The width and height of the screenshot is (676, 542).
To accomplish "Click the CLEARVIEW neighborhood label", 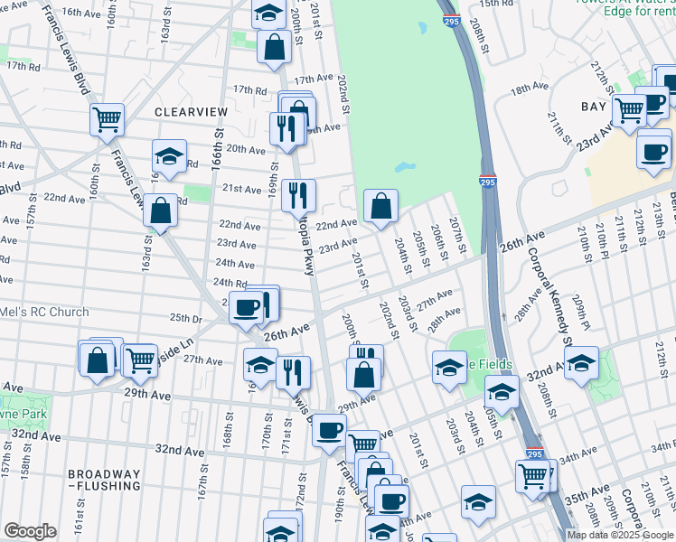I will click(x=190, y=111).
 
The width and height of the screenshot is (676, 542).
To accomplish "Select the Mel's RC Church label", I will click(x=44, y=313).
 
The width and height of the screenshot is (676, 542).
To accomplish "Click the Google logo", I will click(x=30, y=531).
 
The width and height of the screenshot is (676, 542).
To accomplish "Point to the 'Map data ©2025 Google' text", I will click(x=619, y=535).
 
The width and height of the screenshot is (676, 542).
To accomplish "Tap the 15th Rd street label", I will click(x=496, y=4).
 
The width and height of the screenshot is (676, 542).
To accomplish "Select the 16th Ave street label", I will click(x=82, y=13).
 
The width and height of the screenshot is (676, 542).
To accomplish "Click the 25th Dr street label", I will click(x=185, y=319).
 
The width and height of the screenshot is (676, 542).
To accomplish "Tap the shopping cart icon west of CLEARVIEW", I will click(x=107, y=117).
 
